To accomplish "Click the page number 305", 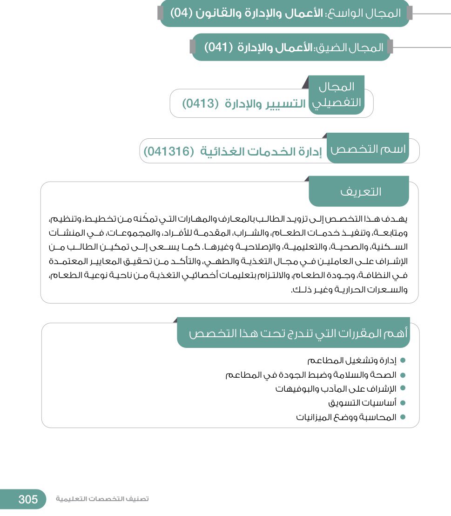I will tap(28, 500).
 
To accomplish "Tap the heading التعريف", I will tap(361, 191).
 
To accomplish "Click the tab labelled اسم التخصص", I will tap(368, 149).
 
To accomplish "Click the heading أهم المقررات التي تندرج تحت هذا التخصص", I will tap(298, 333).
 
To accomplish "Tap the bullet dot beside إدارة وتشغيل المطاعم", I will tap(403, 360).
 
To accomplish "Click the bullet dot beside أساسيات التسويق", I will tap(403, 403).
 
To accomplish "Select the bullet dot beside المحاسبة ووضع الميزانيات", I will tap(403, 417).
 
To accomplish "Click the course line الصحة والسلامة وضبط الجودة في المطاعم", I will tap(311, 375).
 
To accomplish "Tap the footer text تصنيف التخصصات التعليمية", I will tap(102, 499).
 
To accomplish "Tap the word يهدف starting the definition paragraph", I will tap(401, 219).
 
